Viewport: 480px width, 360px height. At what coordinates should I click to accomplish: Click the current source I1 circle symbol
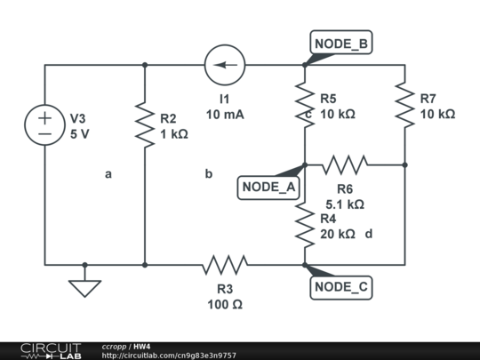[x=224, y=65]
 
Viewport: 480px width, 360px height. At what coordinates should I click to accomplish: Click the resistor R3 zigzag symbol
[x=224, y=264]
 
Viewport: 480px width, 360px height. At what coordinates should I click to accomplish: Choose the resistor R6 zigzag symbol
[x=345, y=164]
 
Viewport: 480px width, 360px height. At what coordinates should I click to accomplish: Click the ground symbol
[x=85, y=285]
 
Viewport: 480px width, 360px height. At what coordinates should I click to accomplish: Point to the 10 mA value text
[x=225, y=115]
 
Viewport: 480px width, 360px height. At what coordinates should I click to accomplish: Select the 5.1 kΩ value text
[x=345, y=204]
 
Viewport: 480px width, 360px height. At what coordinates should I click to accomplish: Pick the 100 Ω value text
[x=224, y=303]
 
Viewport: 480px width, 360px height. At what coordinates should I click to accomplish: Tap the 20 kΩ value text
[x=337, y=234]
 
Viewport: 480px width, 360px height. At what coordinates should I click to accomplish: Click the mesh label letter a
[x=108, y=174]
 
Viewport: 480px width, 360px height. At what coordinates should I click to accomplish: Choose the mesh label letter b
[x=208, y=174]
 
